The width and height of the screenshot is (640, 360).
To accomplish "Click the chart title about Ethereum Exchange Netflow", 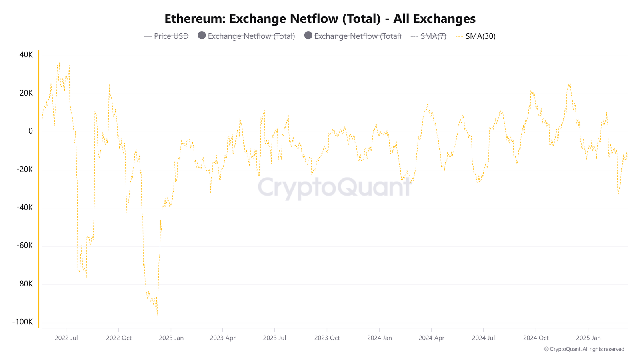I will click(x=320, y=19).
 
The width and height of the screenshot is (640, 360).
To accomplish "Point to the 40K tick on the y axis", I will click(x=26, y=55).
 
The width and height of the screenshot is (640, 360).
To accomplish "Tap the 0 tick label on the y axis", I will click(x=30, y=131).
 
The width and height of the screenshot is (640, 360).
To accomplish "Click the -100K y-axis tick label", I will click(x=23, y=322).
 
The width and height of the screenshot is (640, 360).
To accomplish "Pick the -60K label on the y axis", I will click(x=25, y=246).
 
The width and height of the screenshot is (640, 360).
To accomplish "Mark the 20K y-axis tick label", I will click(x=26, y=93).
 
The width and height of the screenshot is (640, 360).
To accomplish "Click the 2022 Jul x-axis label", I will click(x=66, y=338).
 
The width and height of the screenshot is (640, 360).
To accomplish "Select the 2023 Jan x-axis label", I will click(x=171, y=338).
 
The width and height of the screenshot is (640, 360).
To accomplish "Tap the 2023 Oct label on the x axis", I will click(x=327, y=338).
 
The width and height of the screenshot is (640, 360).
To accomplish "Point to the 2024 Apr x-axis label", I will click(x=431, y=338).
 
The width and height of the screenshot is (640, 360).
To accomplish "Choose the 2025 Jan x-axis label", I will click(x=588, y=338).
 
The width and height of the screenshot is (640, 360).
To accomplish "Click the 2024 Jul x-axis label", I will click(x=483, y=338).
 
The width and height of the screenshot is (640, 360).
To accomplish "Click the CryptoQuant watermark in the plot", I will click(x=334, y=187).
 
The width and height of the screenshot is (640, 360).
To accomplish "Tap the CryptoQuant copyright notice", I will click(x=584, y=349).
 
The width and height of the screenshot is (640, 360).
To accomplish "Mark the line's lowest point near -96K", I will click(x=157, y=315).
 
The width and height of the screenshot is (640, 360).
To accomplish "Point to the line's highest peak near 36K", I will click(x=59, y=63).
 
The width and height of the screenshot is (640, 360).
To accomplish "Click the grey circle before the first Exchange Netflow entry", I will click(x=202, y=36).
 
